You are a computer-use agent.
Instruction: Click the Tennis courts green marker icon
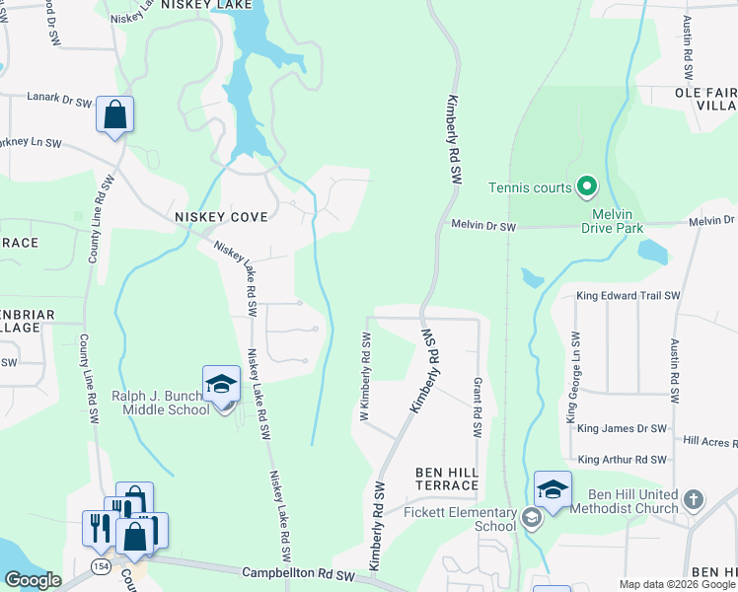[586, 186]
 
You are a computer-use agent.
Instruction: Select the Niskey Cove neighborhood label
[220, 216]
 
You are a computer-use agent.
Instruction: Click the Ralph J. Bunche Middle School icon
[221, 385]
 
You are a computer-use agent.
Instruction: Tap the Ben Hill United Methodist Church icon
[694, 500]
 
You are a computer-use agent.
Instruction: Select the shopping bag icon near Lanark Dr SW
[115, 114]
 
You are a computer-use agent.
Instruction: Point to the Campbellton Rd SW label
[297, 573]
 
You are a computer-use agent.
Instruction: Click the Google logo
[33, 580]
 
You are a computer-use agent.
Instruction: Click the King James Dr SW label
[622, 428]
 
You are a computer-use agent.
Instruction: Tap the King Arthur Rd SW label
[623, 460]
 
